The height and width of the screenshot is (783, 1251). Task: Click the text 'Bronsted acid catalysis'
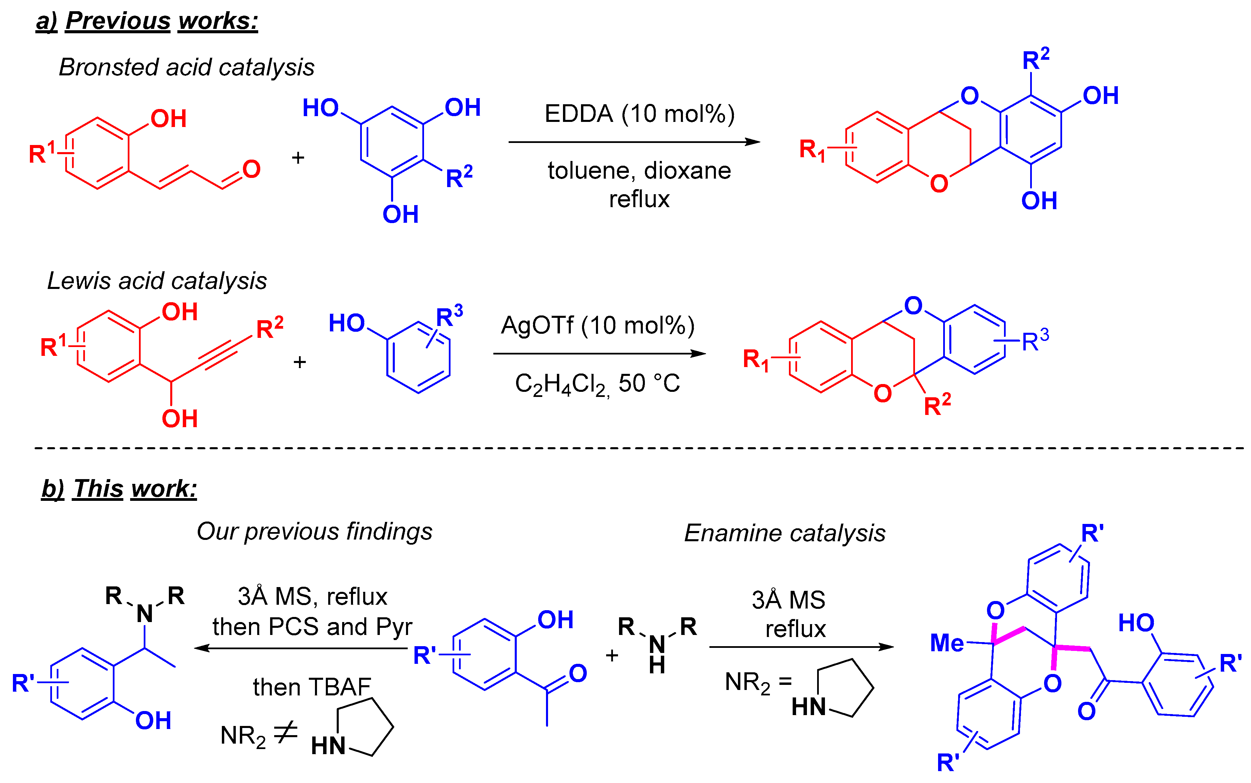click(187, 67)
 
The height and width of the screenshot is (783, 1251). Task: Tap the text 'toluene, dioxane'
click(639, 171)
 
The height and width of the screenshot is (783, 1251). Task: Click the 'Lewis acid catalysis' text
click(157, 281)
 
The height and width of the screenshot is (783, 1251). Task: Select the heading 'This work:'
click(135, 488)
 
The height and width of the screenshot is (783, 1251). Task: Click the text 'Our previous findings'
click(314, 531)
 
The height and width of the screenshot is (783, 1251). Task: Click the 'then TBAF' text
click(312, 687)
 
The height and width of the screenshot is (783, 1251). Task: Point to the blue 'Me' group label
click(947, 643)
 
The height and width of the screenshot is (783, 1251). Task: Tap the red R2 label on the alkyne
click(269, 328)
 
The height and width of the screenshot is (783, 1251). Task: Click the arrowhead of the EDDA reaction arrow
click(753, 142)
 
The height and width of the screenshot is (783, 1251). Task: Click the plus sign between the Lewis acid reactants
click(299, 362)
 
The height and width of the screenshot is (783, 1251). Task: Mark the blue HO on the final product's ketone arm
click(1136, 622)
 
